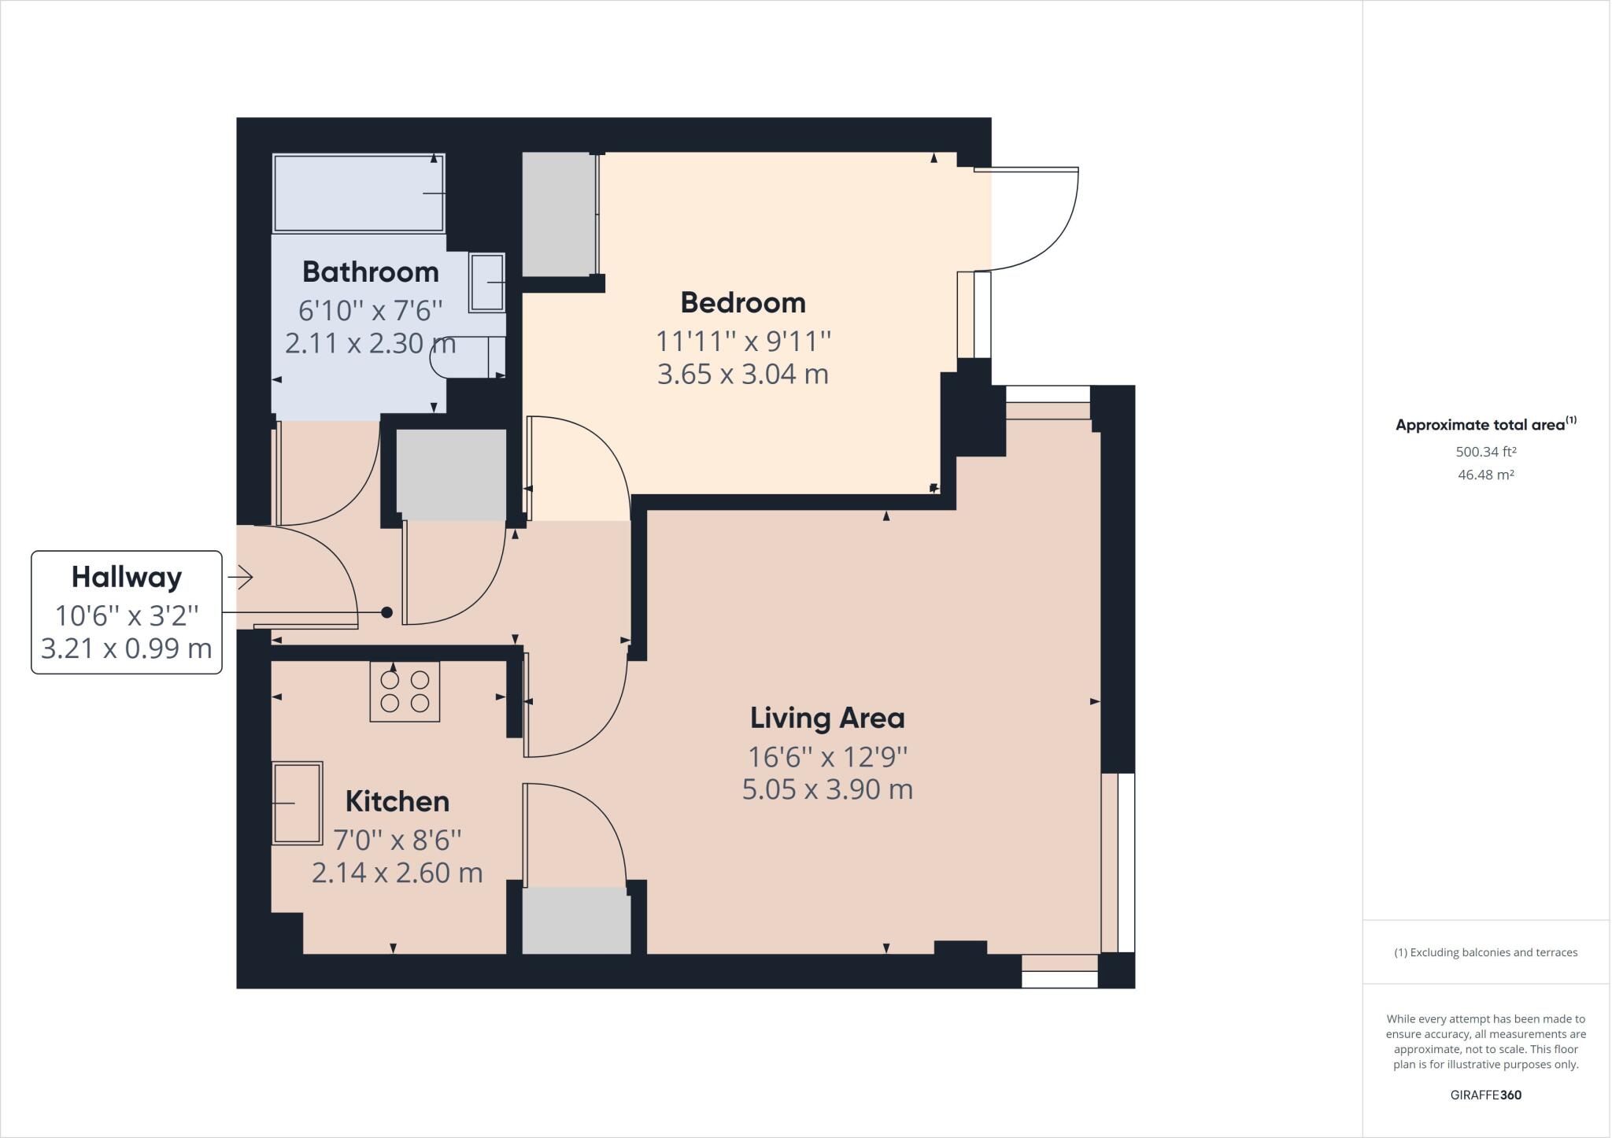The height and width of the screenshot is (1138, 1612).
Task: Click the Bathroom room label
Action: (370, 272)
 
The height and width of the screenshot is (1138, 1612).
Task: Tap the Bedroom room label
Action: (742, 303)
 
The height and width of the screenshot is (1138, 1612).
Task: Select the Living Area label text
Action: (826, 719)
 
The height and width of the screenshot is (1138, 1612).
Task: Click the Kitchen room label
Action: (397, 802)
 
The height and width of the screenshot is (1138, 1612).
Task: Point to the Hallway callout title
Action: (127, 578)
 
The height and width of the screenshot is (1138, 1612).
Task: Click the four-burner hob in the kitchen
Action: (405, 692)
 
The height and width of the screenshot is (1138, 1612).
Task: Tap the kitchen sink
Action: (297, 803)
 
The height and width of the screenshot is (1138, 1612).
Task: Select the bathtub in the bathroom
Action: (358, 193)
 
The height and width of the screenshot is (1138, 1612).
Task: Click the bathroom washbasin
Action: (487, 282)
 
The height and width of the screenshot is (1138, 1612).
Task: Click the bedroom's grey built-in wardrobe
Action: (558, 214)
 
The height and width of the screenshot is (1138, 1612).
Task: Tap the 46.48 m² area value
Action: (1485, 475)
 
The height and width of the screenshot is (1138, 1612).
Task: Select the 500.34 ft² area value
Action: (1485, 453)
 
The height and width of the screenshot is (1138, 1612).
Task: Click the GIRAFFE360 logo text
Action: (1485, 1096)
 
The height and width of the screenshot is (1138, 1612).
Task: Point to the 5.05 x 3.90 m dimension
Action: (826, 789)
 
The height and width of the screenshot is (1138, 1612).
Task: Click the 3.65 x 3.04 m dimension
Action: (742, 375)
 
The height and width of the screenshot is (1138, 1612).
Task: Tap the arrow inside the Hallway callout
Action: (241, 578)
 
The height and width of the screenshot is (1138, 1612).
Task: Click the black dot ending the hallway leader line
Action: (386, 612)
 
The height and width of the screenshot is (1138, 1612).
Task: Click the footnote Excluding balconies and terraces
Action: (1485, 952)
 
